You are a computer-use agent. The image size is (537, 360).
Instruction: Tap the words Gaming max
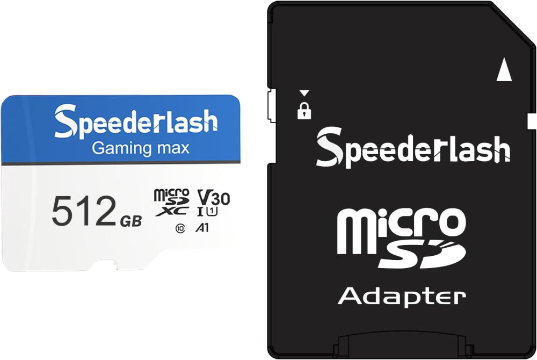click(x=140, y=148)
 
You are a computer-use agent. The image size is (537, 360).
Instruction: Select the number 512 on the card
click(x=84, y=211)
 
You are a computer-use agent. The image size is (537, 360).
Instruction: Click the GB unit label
click(x=131, y=221)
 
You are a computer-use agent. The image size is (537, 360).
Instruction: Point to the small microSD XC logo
click(x=172, y=202)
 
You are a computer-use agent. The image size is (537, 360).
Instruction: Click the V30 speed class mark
click(x=214, y=198)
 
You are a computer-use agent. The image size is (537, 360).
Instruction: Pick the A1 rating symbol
click(x=202, y=227)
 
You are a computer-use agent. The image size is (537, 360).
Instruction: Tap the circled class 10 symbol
click(x=180, y=228)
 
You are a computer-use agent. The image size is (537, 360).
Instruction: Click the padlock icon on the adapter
click(x=304, y=110)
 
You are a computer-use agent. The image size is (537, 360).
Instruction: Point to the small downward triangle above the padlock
click(x=304, y=93)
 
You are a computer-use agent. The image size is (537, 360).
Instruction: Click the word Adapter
click(x=402, y=297)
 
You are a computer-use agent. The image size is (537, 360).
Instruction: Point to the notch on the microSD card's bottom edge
click(x=106, y=265)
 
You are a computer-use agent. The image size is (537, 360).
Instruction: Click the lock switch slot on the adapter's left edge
click(x=272, y=105)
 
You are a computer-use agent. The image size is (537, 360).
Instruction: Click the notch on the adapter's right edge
click(x=532, y=121)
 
